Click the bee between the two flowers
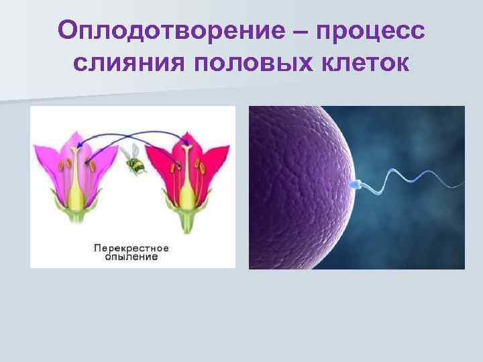coord(135,161)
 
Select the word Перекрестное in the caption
coord(131,247)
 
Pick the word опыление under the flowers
coord(131,256)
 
